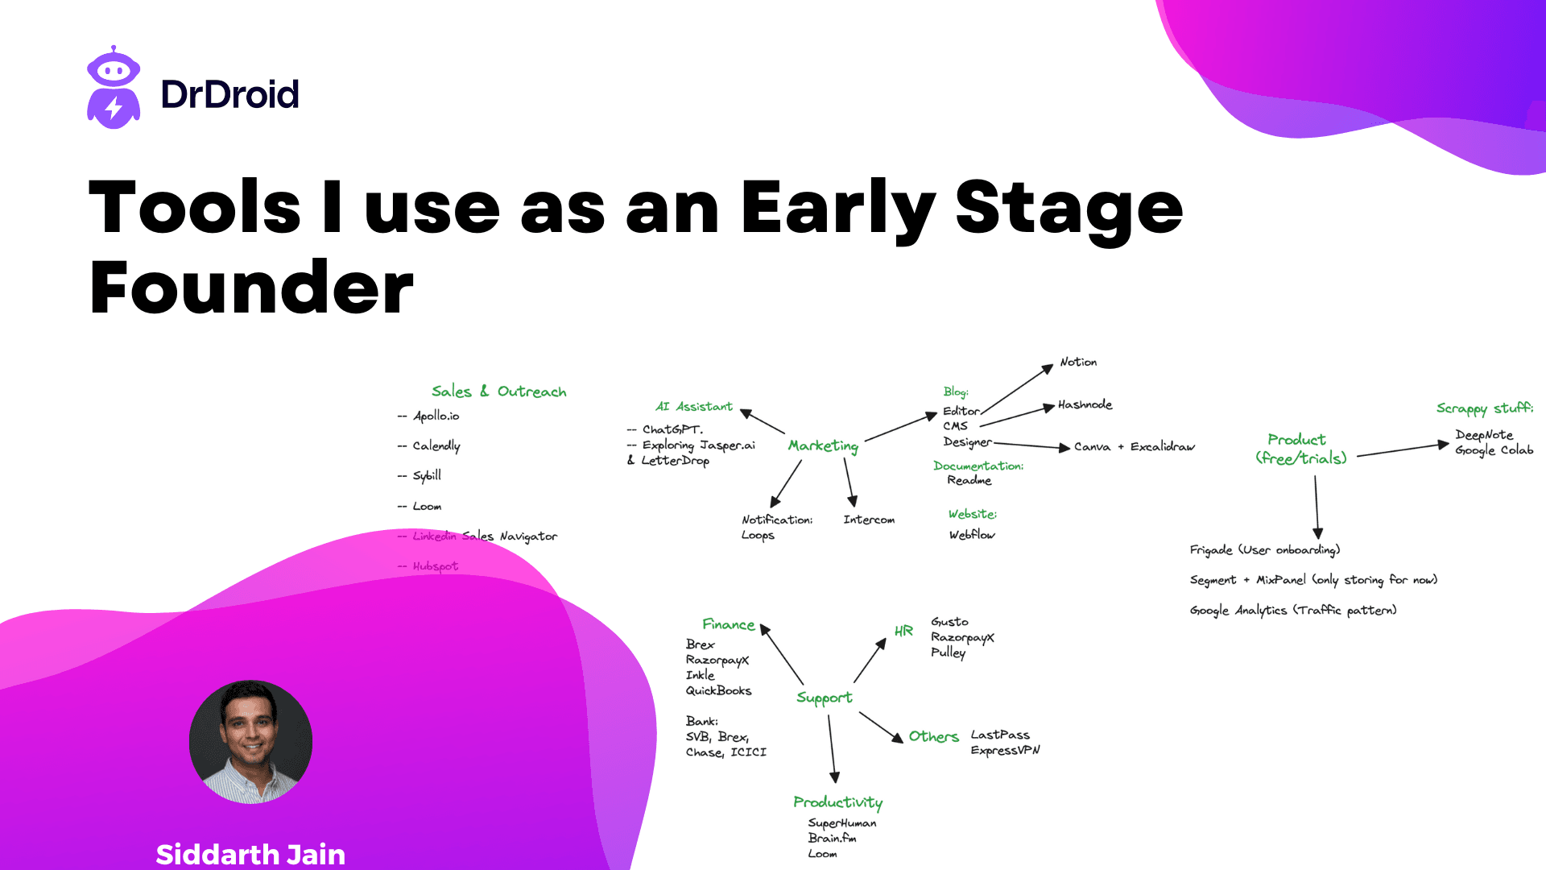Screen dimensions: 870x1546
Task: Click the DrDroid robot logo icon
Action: pos(114,88)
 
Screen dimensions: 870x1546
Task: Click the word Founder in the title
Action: pos(251,288)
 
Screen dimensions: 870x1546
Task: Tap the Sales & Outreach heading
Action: pos(498,391)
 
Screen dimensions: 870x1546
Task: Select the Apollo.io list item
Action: pos(436,416)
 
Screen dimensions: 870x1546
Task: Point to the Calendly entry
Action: pos(436,445)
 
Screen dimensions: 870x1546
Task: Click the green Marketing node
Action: pos(823,445)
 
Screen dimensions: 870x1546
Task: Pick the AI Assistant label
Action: pos(693,407)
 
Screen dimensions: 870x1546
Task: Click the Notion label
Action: pos(1078,362)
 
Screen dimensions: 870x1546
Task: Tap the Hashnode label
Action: pos(1085,404)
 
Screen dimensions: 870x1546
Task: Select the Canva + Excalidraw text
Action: pos(1134,446)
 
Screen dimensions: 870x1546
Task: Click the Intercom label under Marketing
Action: pos(869,520)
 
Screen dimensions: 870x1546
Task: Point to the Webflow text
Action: pos(972,534)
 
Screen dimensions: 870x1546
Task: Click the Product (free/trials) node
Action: pos(1300,449)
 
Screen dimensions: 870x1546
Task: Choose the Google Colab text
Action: pos(1494,450)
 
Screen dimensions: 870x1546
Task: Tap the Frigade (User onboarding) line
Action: pos(1264,549)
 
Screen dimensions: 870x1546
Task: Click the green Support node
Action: pos(824,698)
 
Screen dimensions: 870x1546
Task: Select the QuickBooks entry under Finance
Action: pos(718,690)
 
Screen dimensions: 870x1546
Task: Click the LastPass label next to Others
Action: pos(999,735)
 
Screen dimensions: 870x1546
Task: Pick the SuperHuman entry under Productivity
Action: pos(841,822)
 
